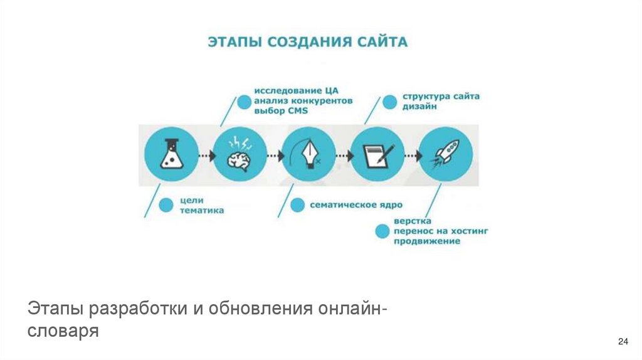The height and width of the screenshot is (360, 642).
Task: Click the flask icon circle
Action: click(x=169, y=155)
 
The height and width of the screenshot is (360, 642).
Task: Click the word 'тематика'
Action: click(x=201, y=211)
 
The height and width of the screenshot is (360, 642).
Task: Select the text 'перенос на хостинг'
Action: click(x=441, y=231)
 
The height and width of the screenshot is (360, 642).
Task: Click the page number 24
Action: click(x=623, y=341)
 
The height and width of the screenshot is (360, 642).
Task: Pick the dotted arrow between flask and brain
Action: click(x=204, y=155)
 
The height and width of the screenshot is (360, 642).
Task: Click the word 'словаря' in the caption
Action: click(x=63, y=330)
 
